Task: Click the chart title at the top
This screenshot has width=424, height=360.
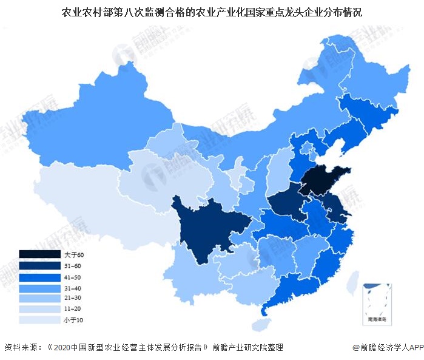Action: pyautogui.click(x=212, y=12)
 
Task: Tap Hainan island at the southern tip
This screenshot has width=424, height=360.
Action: pyautogui.click(x=260, y=325)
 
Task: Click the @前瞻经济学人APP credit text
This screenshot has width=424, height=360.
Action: pyautogui.click(x=388, y=348)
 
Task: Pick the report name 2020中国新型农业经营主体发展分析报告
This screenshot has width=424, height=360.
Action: pyautogui.click(x=130, y=348)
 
